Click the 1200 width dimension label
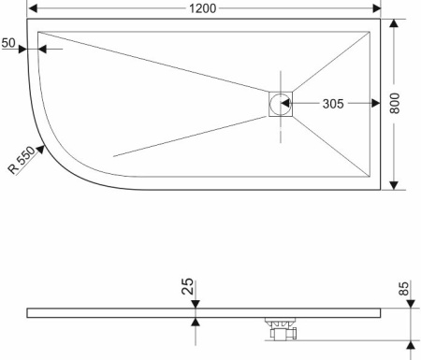pos(203,8)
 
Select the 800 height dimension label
pos(395,104)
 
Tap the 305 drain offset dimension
pos(333,104)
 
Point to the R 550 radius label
pos(22,160)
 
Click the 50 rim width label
pos(8,43)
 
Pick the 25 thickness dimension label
pos(187,286)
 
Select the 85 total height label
pos(403,289)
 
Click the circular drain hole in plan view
pos(281,104)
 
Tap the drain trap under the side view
pos(283,329)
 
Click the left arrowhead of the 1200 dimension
pos(33,8)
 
